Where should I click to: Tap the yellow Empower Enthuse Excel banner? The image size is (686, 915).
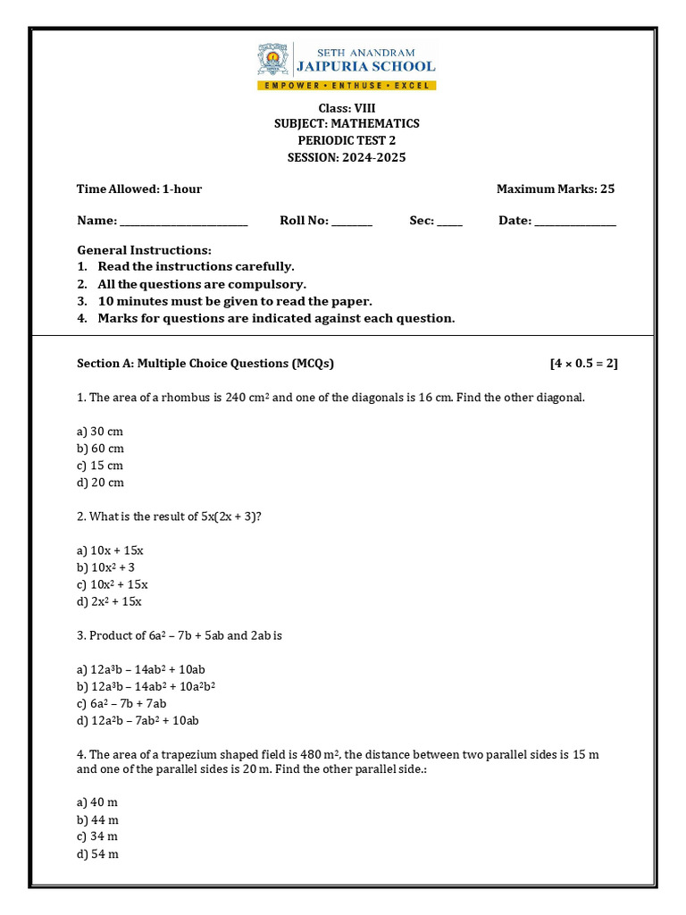347,85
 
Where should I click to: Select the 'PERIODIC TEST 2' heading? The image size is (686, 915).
347,141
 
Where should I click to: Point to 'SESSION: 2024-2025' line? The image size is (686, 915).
347,158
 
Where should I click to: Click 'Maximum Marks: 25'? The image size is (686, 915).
555,189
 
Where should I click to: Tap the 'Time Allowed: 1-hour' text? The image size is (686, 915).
139,189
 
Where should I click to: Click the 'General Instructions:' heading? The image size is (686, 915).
145,250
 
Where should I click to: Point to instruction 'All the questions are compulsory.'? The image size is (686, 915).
202,284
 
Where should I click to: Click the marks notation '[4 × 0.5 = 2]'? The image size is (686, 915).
583,363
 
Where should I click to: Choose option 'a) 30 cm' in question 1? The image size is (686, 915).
100,432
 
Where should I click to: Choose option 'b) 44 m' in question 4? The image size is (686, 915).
98,819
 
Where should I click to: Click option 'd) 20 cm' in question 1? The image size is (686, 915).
100,483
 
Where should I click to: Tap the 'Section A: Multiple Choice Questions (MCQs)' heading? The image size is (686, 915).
205,363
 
